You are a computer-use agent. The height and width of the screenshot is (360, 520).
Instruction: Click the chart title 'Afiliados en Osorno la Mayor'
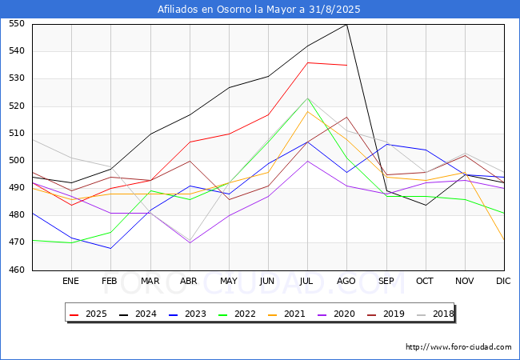coord(259,10)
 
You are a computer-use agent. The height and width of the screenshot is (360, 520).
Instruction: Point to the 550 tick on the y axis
coord(17,24)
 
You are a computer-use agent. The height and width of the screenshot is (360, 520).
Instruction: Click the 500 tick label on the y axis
coord(17,161)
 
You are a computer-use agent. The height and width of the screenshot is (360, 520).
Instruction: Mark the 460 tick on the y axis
coord(17,270)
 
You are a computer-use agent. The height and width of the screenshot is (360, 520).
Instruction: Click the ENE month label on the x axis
coord(71,282)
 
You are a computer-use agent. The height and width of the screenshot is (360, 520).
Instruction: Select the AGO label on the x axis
coord(346,282)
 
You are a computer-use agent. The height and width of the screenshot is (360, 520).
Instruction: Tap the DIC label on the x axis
coord(503,282)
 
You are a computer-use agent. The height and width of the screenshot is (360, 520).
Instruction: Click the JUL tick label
coord(307,282)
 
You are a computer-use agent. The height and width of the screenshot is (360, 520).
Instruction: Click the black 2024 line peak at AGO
coord(346,24)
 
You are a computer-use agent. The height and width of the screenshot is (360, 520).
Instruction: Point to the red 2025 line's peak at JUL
coord(307,62)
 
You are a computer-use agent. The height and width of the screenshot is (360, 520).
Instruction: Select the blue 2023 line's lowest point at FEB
coord(110,248)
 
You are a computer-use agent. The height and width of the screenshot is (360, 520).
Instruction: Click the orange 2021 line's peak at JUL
coord(307,111)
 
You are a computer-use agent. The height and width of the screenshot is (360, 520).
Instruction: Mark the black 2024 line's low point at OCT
coord(425,205)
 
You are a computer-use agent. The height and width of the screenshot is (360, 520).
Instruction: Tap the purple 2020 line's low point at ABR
coord(189,242)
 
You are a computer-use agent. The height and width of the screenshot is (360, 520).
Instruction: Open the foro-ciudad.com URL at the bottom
coord(458,347)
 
